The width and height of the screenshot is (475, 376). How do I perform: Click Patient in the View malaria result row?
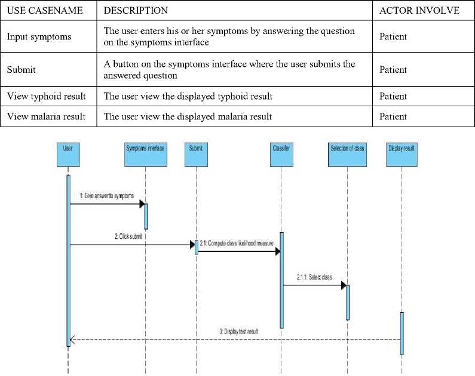(393, 116)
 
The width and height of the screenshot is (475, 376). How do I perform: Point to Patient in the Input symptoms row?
(393, 36)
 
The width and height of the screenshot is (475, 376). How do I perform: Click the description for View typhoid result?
(188, 96)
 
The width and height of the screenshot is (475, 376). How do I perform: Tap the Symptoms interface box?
(145, 156)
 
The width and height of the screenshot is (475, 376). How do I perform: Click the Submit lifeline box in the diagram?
(195, 156)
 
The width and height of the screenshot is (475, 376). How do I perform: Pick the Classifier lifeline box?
(281, 156)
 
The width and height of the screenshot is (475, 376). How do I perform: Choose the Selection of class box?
(347, 156)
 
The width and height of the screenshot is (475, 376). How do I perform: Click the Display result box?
(402, 156)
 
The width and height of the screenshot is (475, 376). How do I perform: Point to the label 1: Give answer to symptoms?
(106, 196)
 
